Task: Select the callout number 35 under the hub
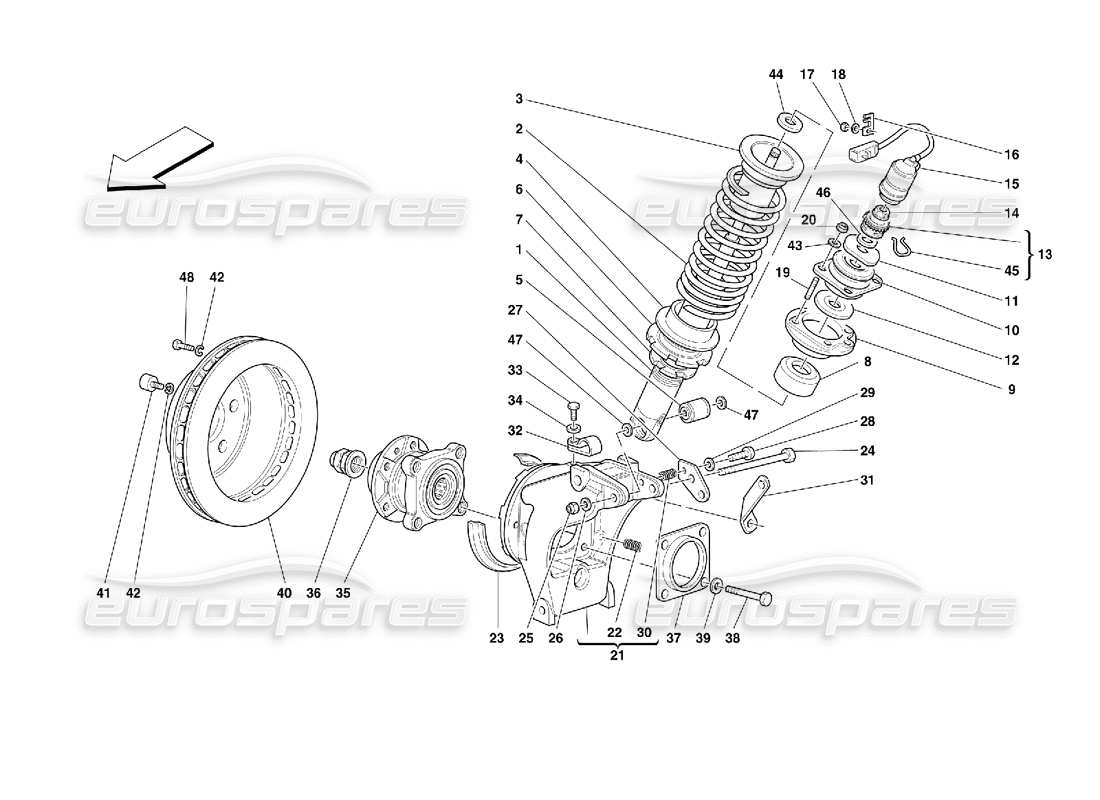tap(343, 593)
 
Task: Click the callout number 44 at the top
tap(776, 74)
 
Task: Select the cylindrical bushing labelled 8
tap(797, 378)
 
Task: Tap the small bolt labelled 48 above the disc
tap(182, 345)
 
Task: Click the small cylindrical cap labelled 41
tap(147, 383)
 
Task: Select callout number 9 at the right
tap(1011, 389)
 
